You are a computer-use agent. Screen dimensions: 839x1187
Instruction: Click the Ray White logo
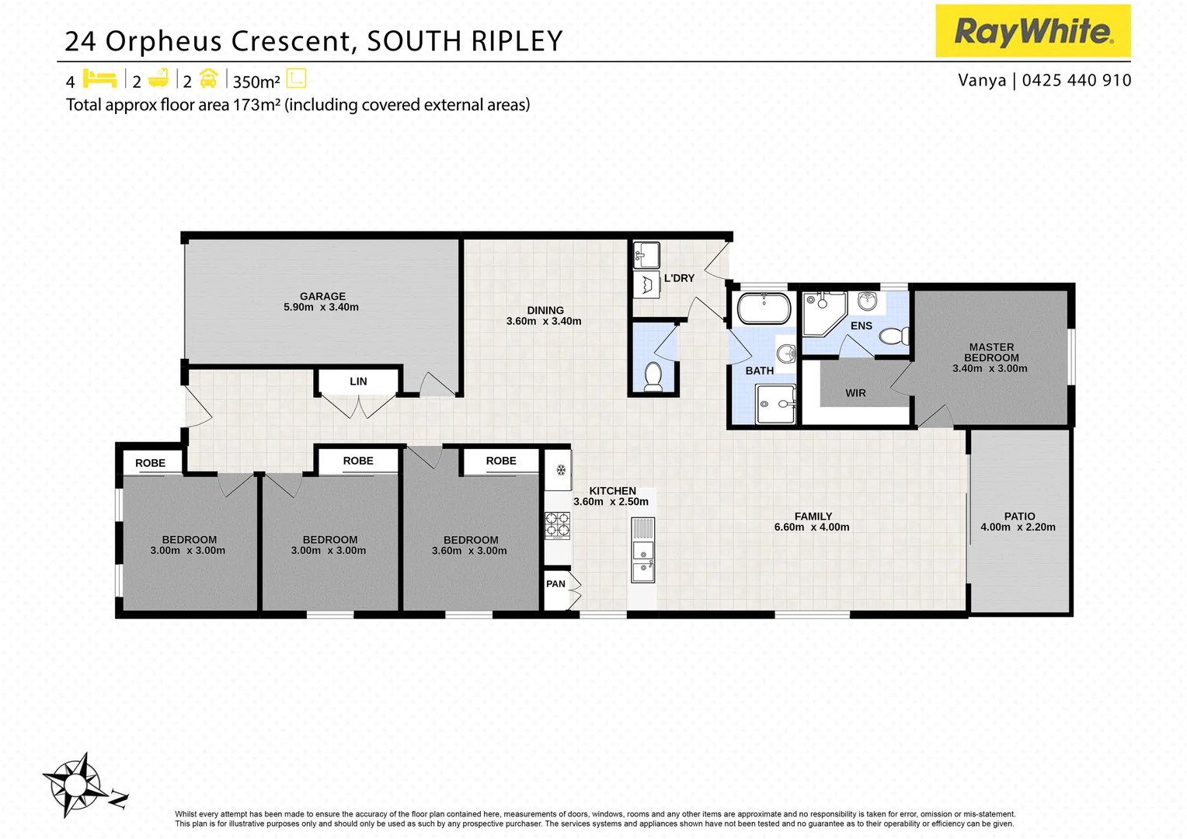pyautogui.click(x=1032, y=31)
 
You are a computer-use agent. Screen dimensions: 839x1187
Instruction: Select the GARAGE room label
pyautogui.click(x=322, y=296)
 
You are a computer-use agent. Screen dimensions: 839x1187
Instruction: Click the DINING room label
pyautogui.click(x=545, y=310)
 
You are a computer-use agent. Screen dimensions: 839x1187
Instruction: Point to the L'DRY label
pyautogui.click(x=679, y=278)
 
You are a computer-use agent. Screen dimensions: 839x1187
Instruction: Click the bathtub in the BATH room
pyautogui.click(x=763, y=308)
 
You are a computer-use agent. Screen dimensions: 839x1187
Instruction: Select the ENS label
pyautogui.click(x=861, y=326)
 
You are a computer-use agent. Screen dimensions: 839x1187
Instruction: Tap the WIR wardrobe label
pyautogui.click(x=855, y=393)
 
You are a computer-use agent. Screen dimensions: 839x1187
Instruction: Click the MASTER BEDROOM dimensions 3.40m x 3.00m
pyautogui.click(x=990, y=368)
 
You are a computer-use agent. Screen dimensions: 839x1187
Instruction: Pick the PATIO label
pyautogui.click(x=1019, y=516)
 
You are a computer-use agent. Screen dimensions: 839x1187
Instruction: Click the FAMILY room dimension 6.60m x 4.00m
pyautogui.click(x=812, y=527)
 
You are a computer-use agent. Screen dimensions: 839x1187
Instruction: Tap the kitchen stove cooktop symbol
pyautogui.click(x=557, y=526)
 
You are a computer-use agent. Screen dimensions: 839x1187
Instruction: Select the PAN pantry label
pyautogui.click(x=555, y=583)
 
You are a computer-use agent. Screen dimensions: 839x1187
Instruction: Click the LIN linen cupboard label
pyautogui.click(x=358, y=381)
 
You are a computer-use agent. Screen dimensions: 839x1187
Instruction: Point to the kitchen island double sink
pyautogui.click(x=642, y=561)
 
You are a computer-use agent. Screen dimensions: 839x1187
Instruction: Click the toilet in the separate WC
pyautogui.click(x=653, y=375)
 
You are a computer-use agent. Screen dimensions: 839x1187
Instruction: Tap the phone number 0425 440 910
pyautogui.click(x=1077, y=80)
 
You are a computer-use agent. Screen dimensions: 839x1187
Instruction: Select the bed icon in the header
pyautogui.click(x=99, y=79)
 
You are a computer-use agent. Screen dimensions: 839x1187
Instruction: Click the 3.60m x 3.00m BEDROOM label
pyautogui.click(x=470, y=545)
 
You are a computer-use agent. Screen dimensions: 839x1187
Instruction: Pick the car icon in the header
pyautogui.click(x=208, y=79)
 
